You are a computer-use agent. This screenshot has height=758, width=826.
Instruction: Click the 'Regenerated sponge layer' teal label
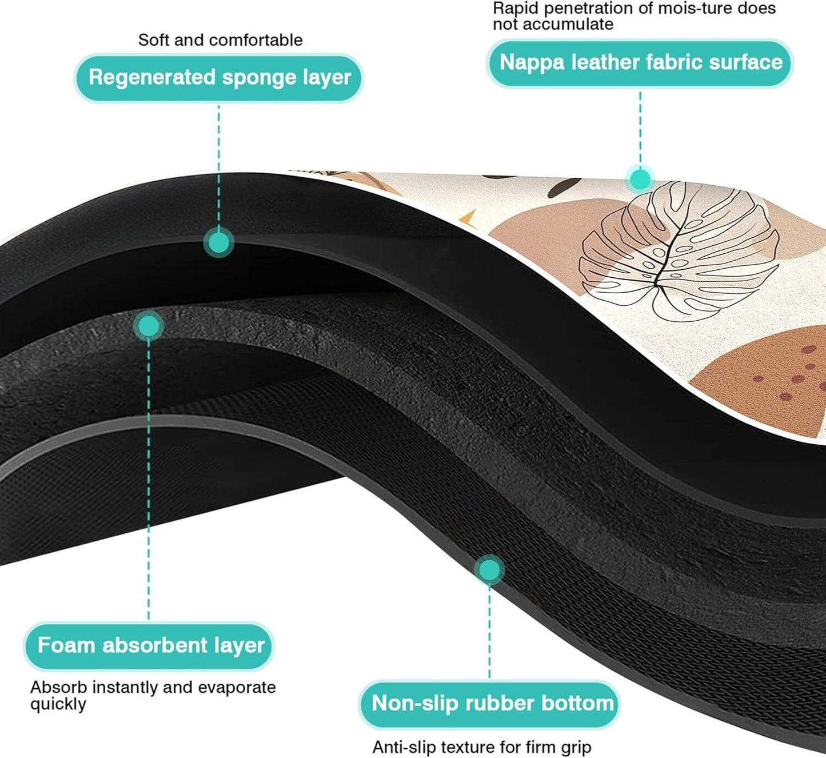coord(219,78)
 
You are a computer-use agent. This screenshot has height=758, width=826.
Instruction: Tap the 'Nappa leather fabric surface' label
coord(640,62)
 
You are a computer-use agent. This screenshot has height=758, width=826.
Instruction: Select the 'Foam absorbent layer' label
coord(150,645)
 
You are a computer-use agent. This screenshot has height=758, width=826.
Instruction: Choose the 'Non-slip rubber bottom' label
coord(490,703)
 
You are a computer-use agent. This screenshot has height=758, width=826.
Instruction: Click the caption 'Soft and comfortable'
coord(220,40)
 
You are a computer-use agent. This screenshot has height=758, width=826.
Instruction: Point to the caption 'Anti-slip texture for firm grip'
coord(481,747)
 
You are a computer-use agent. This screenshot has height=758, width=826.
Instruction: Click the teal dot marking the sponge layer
coord(218,242)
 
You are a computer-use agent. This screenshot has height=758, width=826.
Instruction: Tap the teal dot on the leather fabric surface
coord(640,179)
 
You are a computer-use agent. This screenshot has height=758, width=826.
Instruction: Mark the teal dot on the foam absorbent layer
coord(149,326)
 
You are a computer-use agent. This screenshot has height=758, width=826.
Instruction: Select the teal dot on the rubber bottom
coord(489,570)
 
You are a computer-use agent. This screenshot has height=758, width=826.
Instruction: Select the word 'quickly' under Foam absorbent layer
coord(58,704)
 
